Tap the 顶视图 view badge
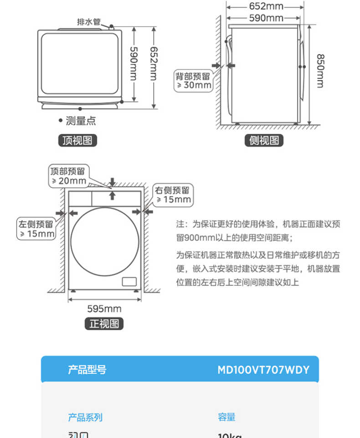(x=77, y=140)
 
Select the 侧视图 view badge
(x=264, y=140)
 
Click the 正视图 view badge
(x=104, y=324)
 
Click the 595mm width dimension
(x=104, y=309)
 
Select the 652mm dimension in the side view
(x=266, y=6)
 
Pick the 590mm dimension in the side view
(x=266, y=18)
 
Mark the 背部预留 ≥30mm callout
(x=194, y=80)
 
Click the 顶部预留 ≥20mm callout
(x=68, y=176)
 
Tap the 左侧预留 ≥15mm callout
(x=36, y=229)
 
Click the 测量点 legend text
(x=80, y=121)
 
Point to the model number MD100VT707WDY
(x=263, y=370)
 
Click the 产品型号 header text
(x=87, y=370)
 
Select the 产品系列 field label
(x=85, y=417)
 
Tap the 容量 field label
(x=226, y=417)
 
